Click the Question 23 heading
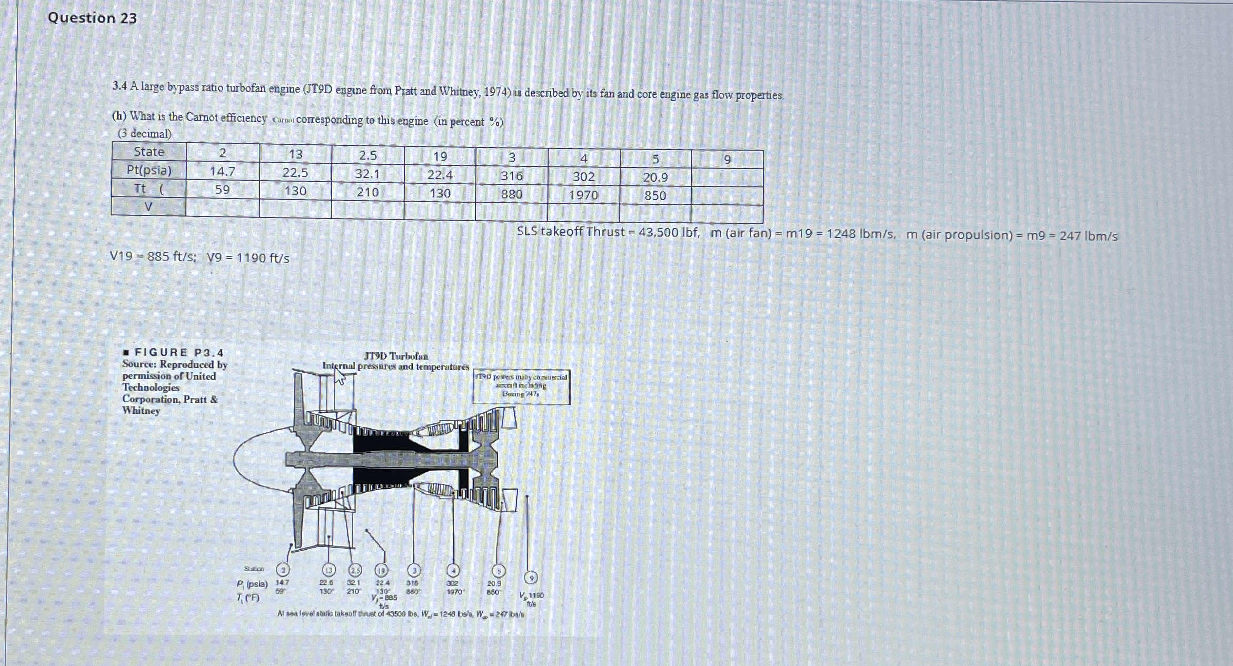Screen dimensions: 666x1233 92,18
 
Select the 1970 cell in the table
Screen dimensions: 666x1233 583,195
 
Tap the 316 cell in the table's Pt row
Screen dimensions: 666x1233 511,176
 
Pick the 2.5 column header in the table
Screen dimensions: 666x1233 367,155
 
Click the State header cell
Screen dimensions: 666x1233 149,152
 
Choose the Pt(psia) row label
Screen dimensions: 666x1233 149,170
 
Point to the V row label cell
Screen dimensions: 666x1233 148,206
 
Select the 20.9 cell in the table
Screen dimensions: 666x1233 655,178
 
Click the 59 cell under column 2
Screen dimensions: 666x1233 222,190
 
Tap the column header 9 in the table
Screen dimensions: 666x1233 727,160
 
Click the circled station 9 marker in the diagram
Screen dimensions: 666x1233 532,578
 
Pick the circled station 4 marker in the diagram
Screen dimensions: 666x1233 453,571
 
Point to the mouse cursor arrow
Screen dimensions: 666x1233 340,376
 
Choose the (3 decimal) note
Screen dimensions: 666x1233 144,134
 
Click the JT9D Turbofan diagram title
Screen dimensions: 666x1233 396,356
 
